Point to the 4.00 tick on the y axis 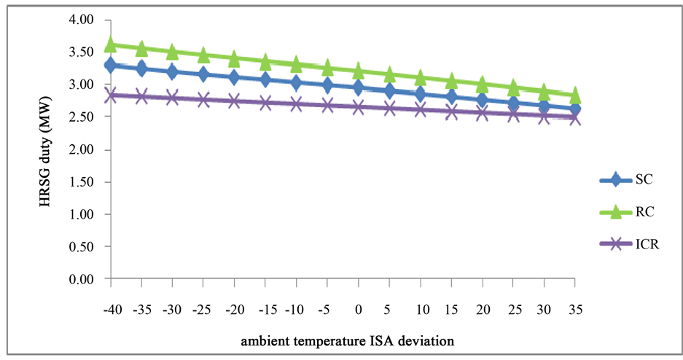86,20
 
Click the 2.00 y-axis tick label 86,150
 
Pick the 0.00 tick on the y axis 86,279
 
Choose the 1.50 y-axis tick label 86,182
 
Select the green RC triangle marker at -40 111,45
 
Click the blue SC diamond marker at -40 111,66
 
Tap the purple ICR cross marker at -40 111,95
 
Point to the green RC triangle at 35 574,95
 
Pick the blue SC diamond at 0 358,87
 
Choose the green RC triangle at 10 420,78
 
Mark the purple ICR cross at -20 234,101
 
